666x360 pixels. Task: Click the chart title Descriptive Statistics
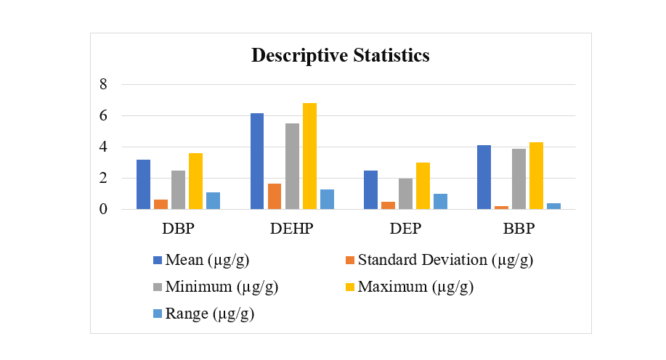click(340, 55)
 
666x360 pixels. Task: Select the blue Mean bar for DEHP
click(257, 161)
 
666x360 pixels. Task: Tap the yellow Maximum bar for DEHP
click(309, 156)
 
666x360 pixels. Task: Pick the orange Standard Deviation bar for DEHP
click(275, 196)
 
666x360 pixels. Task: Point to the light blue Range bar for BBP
click(553, 206)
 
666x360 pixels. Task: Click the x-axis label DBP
click(178, 229)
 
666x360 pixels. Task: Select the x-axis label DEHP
click(291, 229)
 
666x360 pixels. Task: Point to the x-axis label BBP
click(519, 229)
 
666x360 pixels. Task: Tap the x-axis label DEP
click(405, 229)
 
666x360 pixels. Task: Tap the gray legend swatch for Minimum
click(157, 287)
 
